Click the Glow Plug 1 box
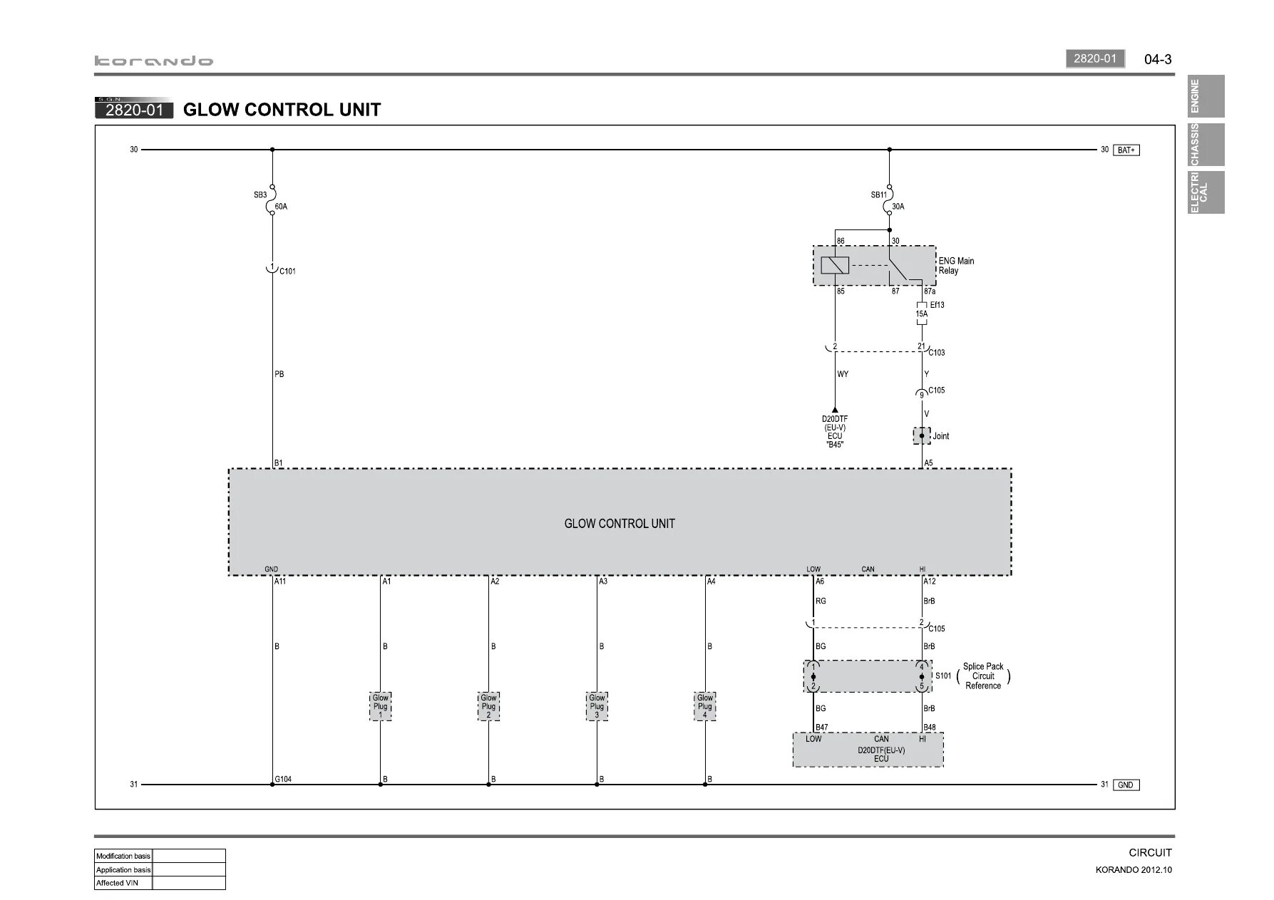click(380, 706)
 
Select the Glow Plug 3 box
click(597, 706)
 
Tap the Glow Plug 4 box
click(705, 706)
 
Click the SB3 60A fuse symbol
click(272, 200)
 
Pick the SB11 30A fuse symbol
click(889, 200)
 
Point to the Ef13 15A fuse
click(922, 314)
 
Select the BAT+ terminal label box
click(1126, 150)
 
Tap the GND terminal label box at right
click(1125, 785)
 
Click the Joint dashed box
click(922, 435)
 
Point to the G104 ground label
click(284, 779)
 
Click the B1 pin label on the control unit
click(279, 463)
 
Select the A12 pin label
click(930, 581)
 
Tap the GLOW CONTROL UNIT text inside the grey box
click(619, 524)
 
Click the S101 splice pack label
click(943, 676)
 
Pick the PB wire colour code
click(279, 374)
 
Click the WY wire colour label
click(843, 374)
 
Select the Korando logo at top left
click(154, 61)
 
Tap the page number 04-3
click(1158, 59)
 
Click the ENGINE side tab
click(1206, 96)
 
